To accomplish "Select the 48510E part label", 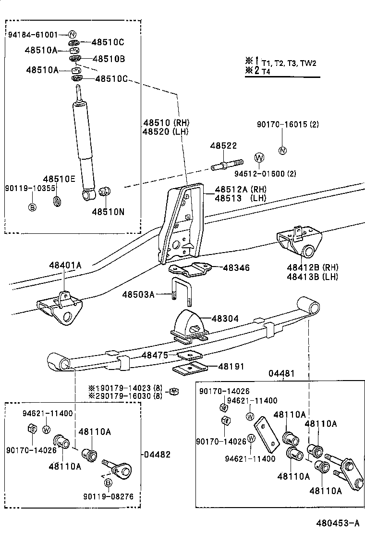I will tap(59, 179).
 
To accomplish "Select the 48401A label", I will tap(65, 265).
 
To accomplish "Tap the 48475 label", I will tap(155, 355).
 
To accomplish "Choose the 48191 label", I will tap(231, 367).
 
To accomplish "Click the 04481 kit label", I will tap(281, 373).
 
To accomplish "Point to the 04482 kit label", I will tap(157, 454).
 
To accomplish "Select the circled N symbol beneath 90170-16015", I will tap(283, 150).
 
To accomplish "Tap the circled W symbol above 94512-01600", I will tap(259, 158).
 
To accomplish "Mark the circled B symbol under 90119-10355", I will tap(33, 207).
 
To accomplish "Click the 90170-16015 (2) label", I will tap(287, 125).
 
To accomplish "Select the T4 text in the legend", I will tap(266, 71).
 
